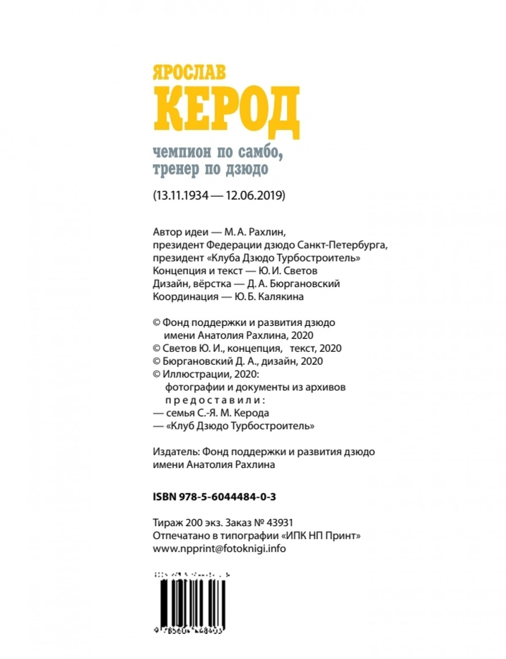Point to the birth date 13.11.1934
click(182, 196)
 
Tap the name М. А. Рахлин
click(258, 232)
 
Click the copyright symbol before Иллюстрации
click(156, 374)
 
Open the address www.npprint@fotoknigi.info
click(219, 549)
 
